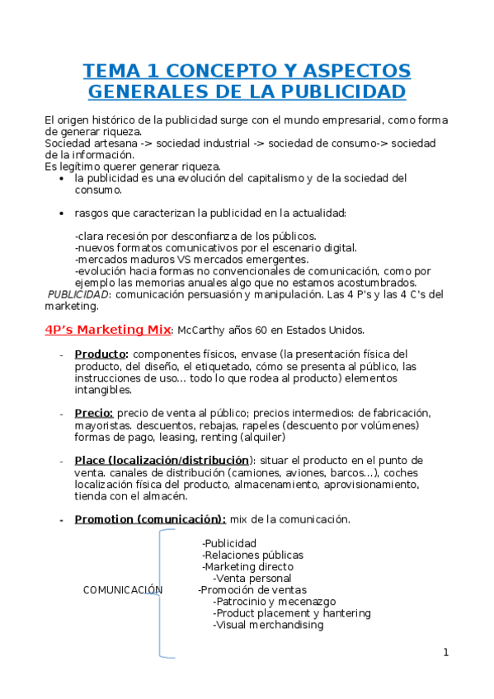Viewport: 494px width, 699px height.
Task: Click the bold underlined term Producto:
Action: click(101, 354)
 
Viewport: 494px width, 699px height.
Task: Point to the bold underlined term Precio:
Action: click(94, 412)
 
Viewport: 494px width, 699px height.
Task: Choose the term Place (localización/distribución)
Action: click(162, 460)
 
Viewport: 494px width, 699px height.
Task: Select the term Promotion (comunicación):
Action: click(150, 519)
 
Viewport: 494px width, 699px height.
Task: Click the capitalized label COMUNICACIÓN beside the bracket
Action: click(123, 590)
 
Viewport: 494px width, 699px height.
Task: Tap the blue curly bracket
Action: click(164, 593)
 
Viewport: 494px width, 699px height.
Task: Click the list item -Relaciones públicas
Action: click(252, 556)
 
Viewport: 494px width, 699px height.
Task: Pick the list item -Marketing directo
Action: click(247, 567)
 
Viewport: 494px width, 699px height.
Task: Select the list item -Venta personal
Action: click(252, 579)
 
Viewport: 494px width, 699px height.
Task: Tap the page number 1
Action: click(445, 653)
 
